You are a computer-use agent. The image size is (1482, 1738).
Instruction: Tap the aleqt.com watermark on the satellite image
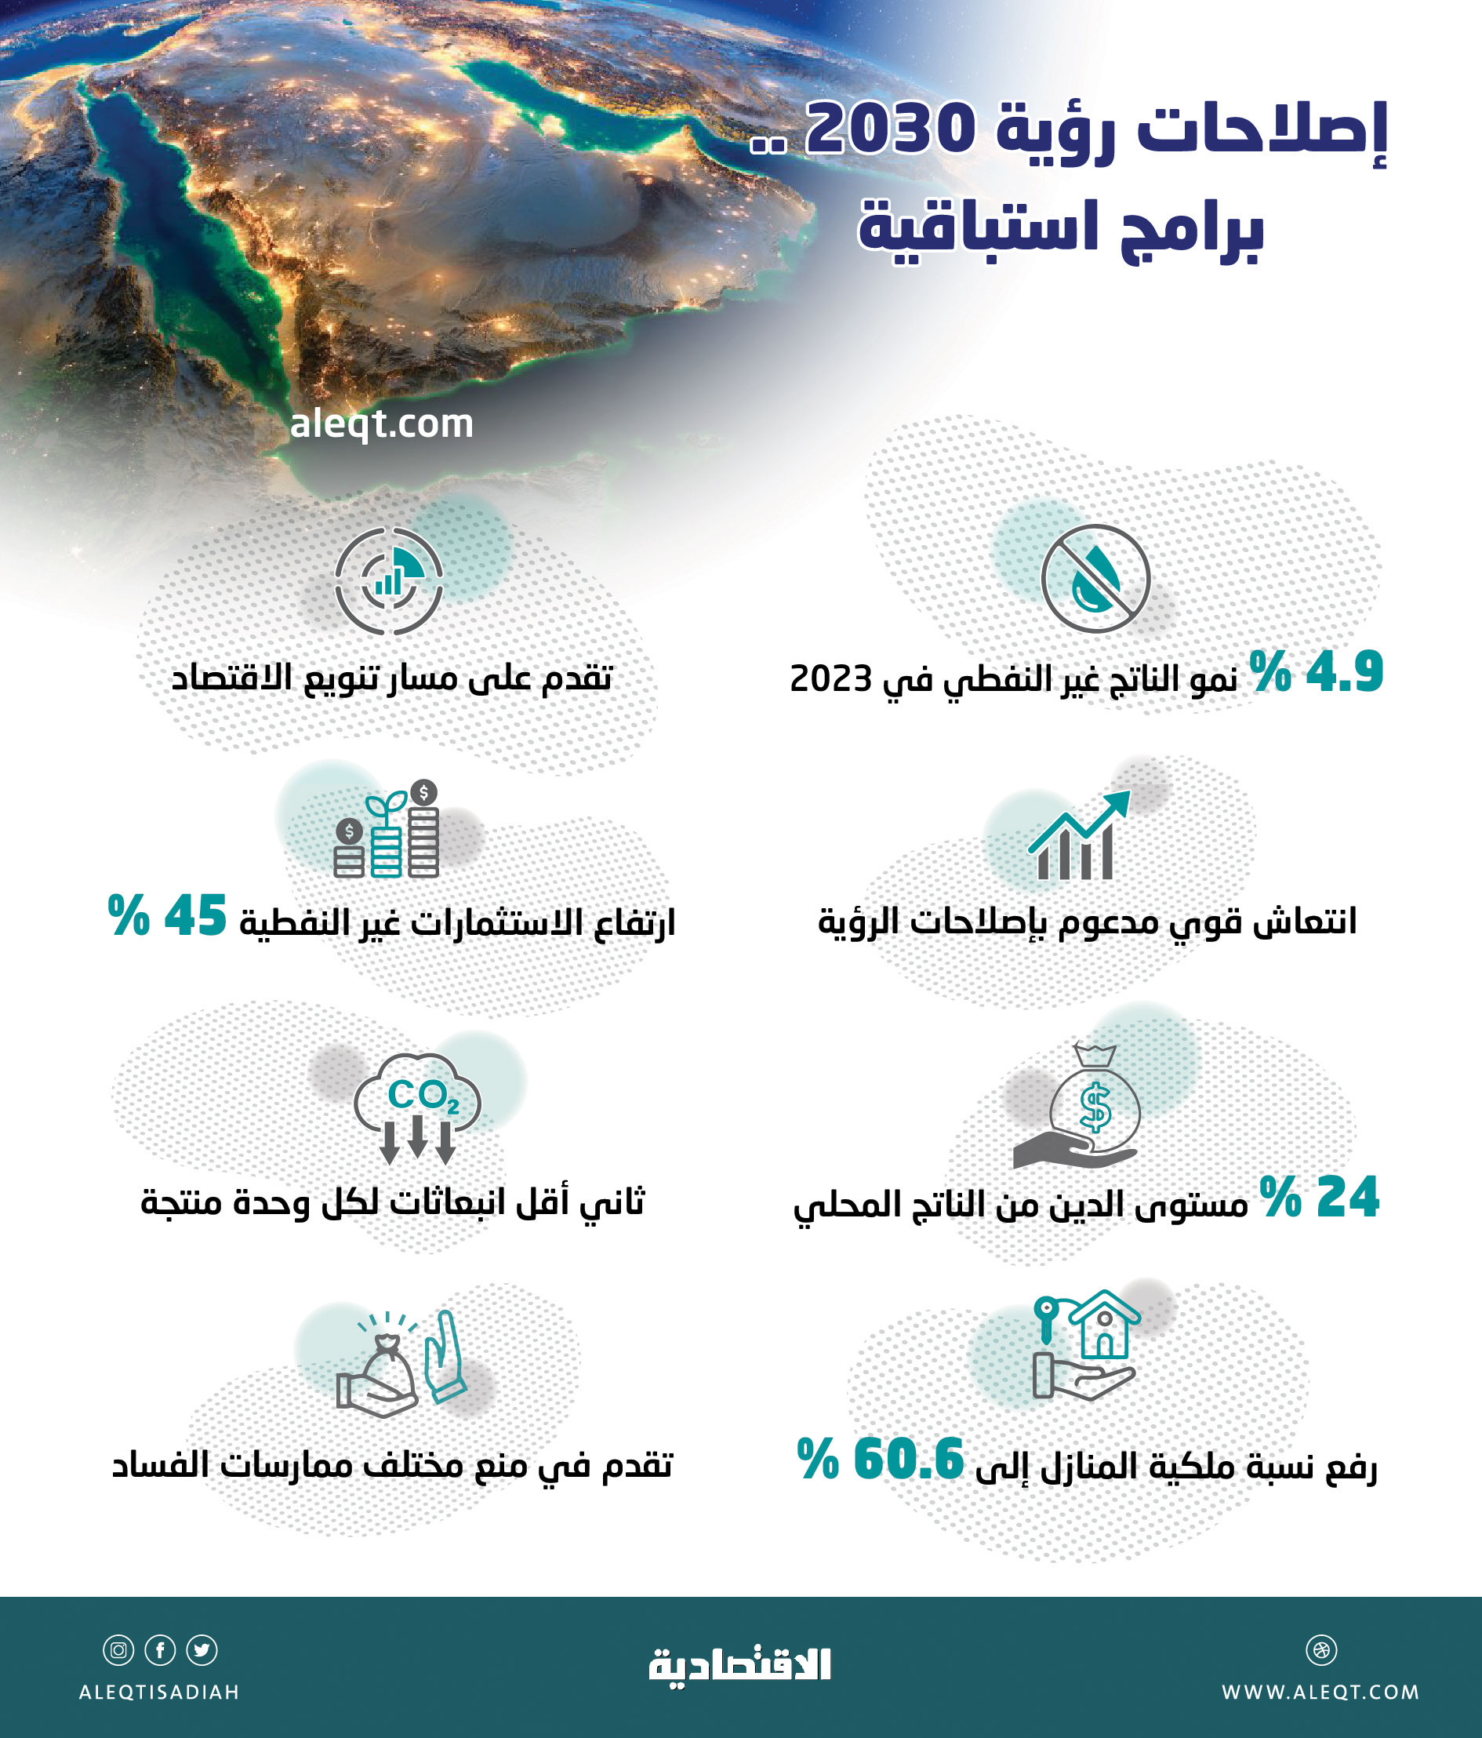click(x=382, y=424)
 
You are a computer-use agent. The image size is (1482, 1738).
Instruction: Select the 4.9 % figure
click(x=1316, y=672)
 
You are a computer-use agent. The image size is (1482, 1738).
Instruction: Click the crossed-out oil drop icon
click(x=1095, y=579)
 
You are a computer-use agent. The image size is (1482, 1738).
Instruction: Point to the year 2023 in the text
click(x=830, y=678)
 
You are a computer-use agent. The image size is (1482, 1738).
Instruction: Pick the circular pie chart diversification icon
click(x=388, y=580)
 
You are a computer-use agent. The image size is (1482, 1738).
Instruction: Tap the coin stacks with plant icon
click(x=387, y=831)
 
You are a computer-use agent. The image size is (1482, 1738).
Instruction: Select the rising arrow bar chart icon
click(x=1077, y=835)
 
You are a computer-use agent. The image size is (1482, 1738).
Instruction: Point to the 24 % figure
click(x=1319, y=1197)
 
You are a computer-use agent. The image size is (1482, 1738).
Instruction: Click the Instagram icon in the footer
click(x=118, y=1650)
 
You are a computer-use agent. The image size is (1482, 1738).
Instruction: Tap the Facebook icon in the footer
click(x=160, y=1650)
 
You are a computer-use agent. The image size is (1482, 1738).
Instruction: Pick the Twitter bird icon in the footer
click(x=202, y=1650)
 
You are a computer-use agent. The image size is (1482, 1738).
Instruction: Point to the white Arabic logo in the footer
click(x=739, y=1664)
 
